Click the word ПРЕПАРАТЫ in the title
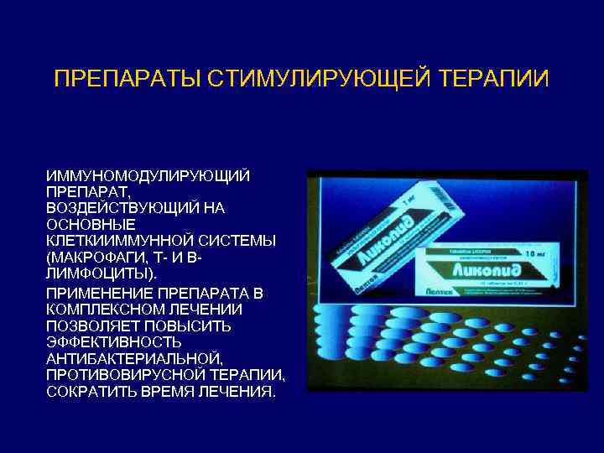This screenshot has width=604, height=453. (x=118, y=80)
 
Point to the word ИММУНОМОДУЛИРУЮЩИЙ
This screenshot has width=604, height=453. (x=148, y=176)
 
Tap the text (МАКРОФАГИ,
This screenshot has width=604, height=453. (x=99, y=257)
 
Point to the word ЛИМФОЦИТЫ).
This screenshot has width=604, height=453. (x=102, y=273)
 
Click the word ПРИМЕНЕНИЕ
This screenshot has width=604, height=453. (x=101, y=293)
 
